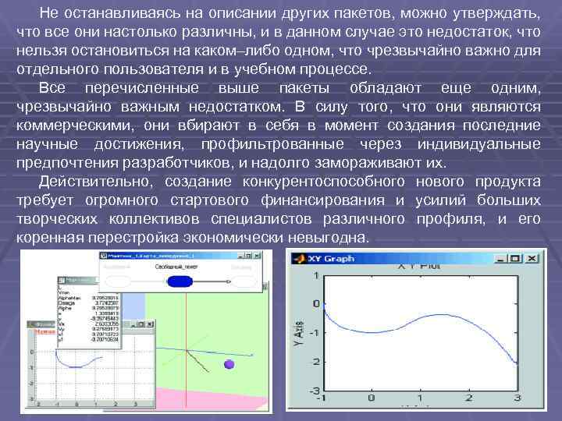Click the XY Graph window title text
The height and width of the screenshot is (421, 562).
pos(335,258)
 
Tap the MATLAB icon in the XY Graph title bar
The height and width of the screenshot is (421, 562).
pos(298,258)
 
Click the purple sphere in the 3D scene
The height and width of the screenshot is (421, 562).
pos(229,364)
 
